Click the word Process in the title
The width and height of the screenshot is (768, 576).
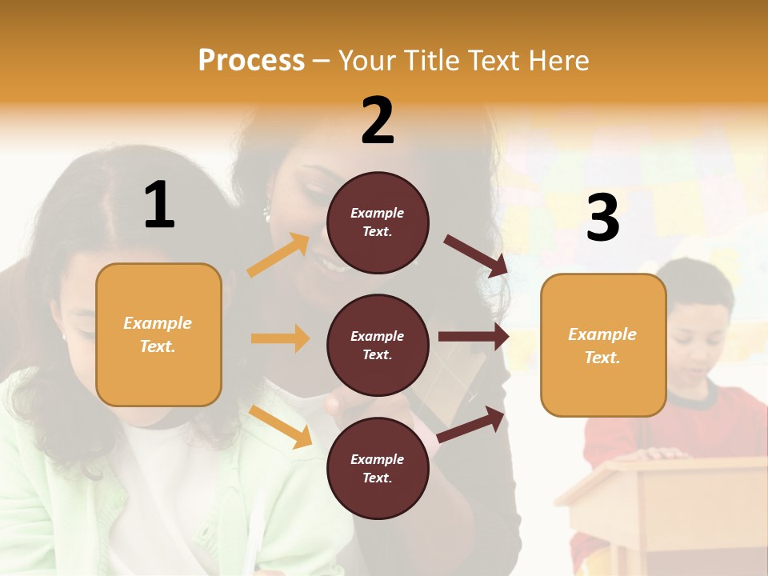point(251,61)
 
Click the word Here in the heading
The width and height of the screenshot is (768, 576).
point(557,61)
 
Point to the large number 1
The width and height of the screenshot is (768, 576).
point(159,206)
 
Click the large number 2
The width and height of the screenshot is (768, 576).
point(378,121)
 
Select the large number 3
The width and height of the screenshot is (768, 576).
point(602,218)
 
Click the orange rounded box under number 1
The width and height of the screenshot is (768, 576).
point(158,334)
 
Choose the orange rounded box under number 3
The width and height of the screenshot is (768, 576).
point(602,346)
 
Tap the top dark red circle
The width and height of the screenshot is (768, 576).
point(378,222)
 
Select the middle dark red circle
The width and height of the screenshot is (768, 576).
point(378,346)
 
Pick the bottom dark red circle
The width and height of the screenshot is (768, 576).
point(378,469)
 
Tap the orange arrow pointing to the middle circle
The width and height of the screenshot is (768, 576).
point(281,338)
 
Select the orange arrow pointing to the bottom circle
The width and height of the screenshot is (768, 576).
point(281,426)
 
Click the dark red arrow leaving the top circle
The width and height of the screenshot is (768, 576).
point(477,256)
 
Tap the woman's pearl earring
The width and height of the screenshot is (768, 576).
point(267,214)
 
